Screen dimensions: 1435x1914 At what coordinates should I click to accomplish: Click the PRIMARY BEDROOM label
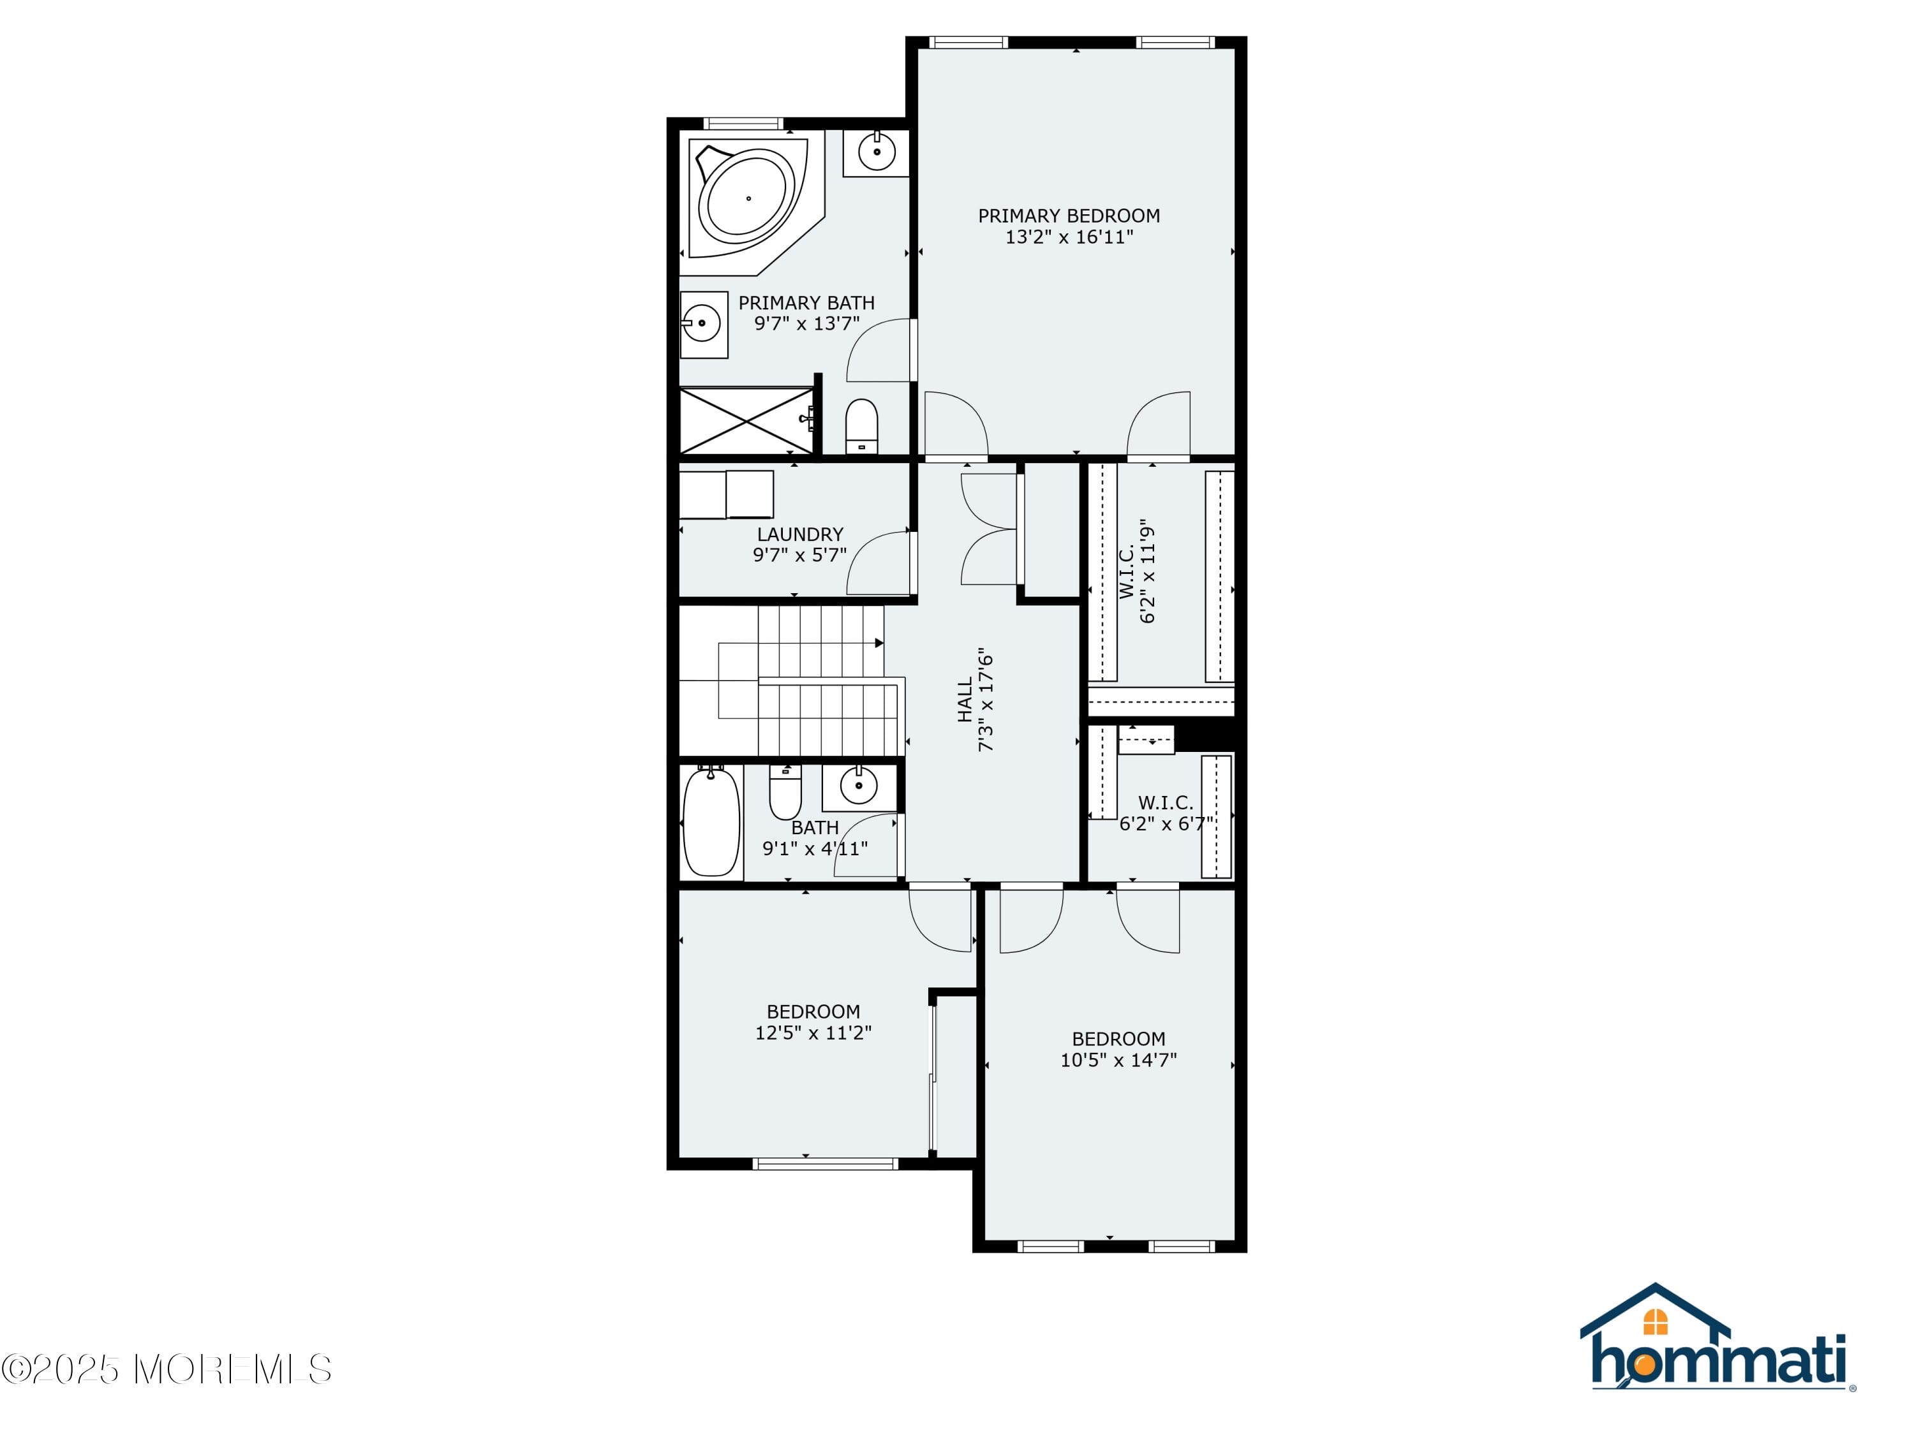click(1069, 216)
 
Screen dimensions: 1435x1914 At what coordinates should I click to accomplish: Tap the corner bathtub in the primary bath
click(748, 198)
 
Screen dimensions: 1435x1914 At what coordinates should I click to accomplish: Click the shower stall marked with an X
click(746, 420)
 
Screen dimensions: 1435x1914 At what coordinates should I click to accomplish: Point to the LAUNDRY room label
click(799, 534)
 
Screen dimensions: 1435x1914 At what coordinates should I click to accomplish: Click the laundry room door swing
click(879, 563)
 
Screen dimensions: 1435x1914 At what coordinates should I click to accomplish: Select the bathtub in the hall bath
click(711, 821)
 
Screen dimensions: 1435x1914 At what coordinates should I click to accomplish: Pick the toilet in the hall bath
click(785, 792)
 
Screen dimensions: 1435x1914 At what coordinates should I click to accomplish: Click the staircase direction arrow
click(879, 643)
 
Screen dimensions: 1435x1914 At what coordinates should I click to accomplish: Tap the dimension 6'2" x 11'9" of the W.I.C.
click(1147, 571)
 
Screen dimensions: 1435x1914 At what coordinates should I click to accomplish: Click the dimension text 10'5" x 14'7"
click(1118, 1059)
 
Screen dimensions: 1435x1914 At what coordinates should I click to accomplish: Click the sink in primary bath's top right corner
click(877, 153)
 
